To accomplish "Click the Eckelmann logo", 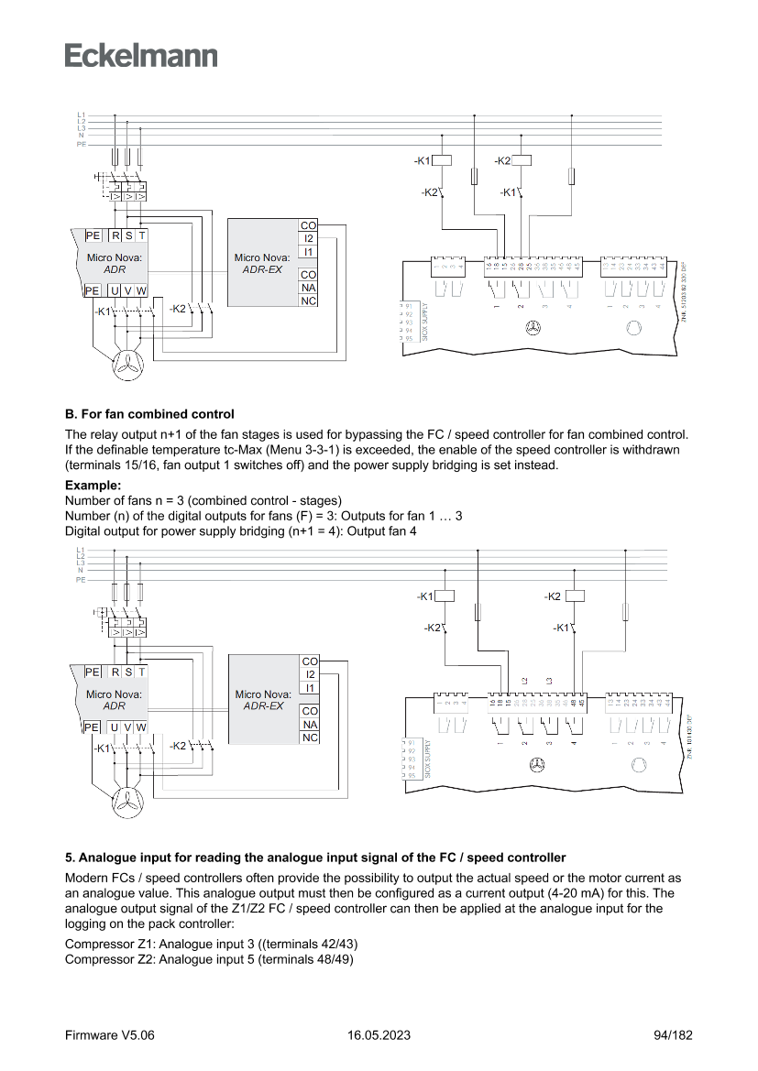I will [x=141, y=54].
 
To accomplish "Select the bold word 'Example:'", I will [x=93, y=484].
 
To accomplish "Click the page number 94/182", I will [x=673, y=1034].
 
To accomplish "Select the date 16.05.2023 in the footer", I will [x=379, y=1034].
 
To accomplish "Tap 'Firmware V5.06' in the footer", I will [x=110, y=1034].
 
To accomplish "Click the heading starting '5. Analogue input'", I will [x=314, y=858].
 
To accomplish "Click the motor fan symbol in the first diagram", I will [x=127, y=366].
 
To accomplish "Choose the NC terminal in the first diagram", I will [x=309, y=300].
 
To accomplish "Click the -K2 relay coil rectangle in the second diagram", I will [x=576, y=596].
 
